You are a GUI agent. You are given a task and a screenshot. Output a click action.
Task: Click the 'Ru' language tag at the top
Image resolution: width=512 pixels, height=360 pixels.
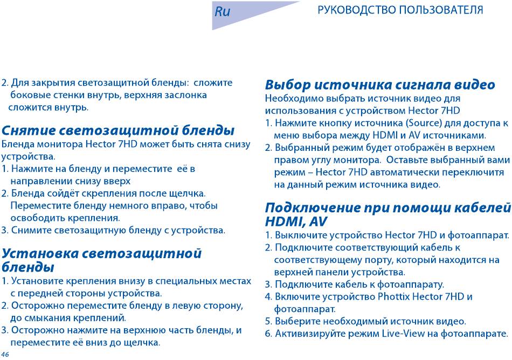(223, 11)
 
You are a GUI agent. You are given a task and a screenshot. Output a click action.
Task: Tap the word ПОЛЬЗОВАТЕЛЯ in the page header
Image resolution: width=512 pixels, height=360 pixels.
(441, 10)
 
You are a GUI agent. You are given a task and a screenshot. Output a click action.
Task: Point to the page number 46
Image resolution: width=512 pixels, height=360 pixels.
(5, 355)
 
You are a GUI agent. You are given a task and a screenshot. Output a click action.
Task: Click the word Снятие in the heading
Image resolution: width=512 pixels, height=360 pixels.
(26, 130)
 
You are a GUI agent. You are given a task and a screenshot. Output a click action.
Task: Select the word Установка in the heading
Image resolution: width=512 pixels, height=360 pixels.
(40, 253)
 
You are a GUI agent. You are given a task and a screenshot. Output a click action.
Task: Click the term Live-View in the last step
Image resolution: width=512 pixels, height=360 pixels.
(404, 334)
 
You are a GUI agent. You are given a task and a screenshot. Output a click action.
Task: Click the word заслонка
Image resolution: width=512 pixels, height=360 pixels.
(185, 95)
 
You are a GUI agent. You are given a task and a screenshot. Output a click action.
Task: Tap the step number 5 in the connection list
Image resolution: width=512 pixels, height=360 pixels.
(268, 322)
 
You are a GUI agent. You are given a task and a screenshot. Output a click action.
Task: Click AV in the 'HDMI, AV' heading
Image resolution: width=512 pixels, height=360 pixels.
(318, 222)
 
